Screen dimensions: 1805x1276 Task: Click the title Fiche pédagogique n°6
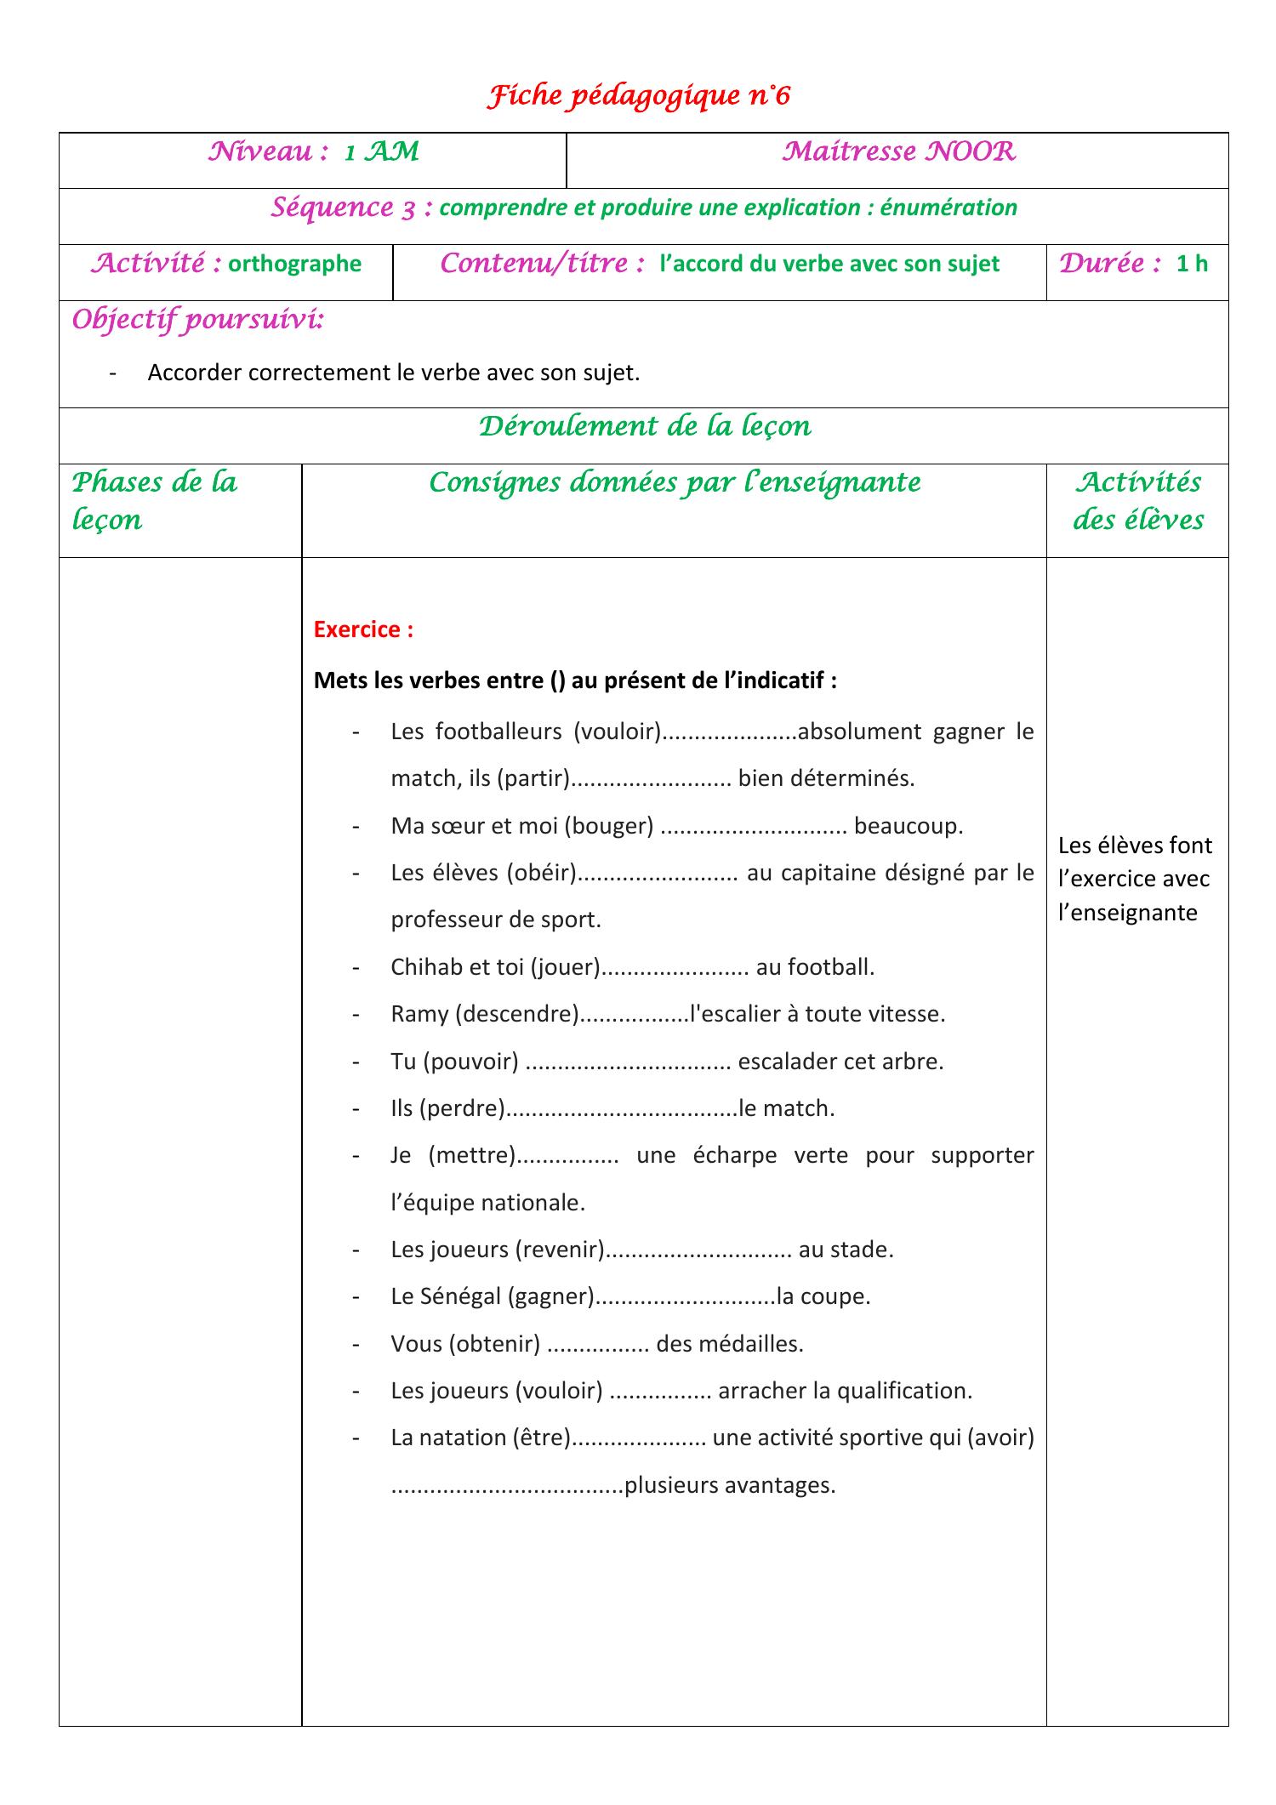[x=638, y=96]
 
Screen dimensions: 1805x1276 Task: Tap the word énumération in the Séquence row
[x=948, y=208]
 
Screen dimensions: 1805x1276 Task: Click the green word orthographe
[x=294, y=264]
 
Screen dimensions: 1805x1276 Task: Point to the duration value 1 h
[x=1192, y=264]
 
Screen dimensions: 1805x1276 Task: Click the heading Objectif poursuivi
[x=197, y=321]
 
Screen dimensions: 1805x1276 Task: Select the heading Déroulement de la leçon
[x=644, y=425]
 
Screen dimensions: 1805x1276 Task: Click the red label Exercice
[x=363, y=629]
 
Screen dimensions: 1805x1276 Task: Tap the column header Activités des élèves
[x=1137, y=500]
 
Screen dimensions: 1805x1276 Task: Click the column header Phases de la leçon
[x=154, y=500]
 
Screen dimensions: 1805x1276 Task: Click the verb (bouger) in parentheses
[x=607, y=826]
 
